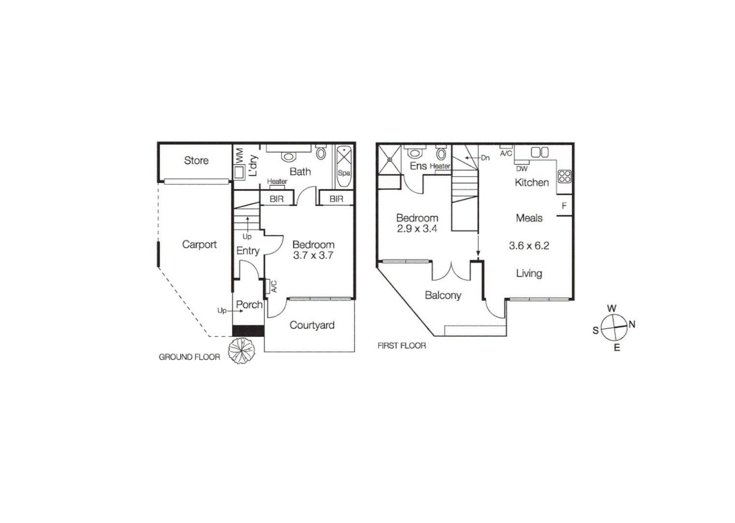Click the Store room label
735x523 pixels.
click(196, 160)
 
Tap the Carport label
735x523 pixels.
click(199, 245)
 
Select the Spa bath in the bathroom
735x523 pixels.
click(344, 166)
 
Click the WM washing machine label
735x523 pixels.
click(239, 155)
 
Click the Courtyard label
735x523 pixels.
click(312, 325)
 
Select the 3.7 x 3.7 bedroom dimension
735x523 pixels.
click(313, 256)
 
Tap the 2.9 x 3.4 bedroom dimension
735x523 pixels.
click(417, 229)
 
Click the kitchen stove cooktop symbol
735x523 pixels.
click(565, 176)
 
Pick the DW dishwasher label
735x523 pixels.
click(522, 169)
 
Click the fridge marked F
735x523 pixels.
click(564, 206)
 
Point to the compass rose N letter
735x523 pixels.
click(631, 324)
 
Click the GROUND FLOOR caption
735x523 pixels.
click(189, 357)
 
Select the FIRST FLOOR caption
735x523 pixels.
click(402, 346)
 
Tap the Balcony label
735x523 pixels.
click(443, 295)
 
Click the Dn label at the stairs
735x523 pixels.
click(485, 158)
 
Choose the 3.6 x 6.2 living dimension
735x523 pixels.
click(528, 246)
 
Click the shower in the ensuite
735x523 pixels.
click(390, 158)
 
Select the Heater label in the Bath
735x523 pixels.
click(277, 181)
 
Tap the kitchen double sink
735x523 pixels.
click(540, 153)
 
